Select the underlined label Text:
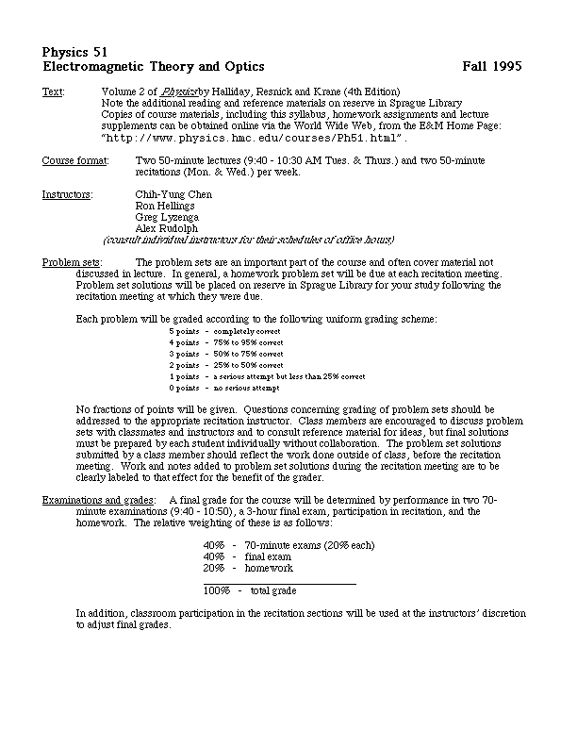53,91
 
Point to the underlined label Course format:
74,161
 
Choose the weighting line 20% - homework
248,568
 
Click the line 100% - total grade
250,590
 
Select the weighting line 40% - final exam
249,556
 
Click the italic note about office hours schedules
248,240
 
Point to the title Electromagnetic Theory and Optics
154,67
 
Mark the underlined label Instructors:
68,194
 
